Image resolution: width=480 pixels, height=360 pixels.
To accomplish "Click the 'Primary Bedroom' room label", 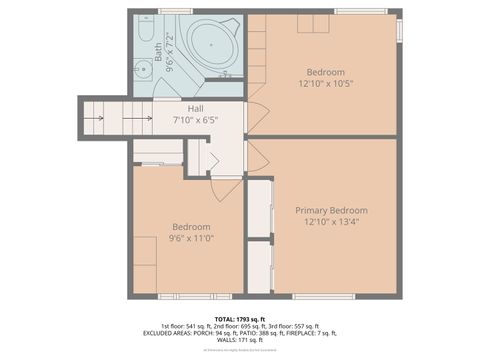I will tap(331, 211).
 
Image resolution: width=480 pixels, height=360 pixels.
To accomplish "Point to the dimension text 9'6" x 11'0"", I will tap(190, 238).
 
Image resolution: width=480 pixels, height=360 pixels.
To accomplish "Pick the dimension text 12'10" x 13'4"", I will tap(331, 222).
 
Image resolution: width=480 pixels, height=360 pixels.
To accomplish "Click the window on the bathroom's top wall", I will tap(175, 12).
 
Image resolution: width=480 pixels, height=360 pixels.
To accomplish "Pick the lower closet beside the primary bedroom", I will tap(260, 267).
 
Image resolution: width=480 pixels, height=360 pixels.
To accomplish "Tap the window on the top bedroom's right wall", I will tap(399, 30).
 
